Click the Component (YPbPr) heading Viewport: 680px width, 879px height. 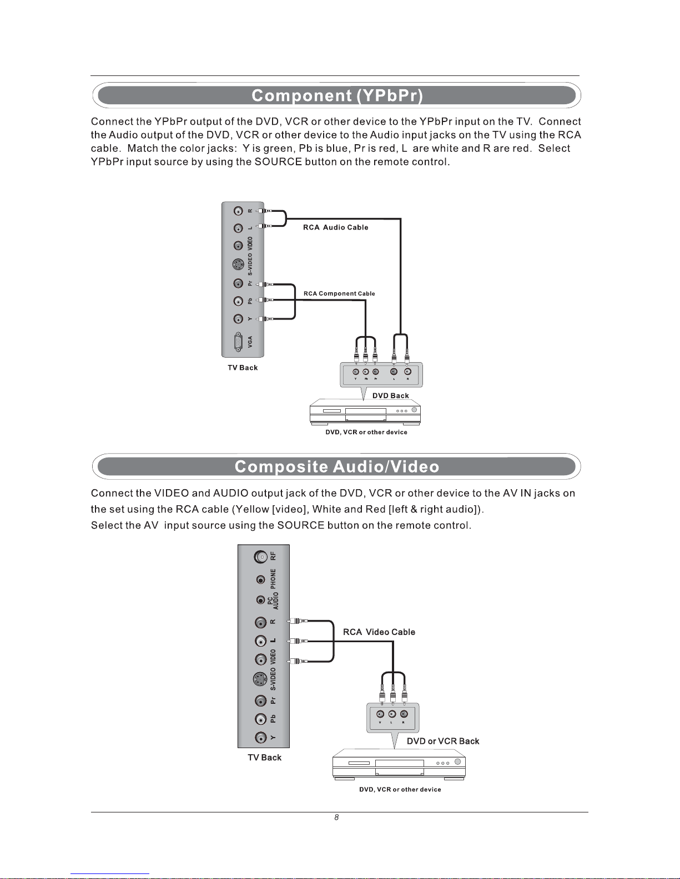point(337,95)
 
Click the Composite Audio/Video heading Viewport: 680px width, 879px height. point(337,466)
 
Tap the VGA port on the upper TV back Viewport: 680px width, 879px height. point(238,342)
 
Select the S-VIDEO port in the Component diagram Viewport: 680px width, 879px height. point(238,265)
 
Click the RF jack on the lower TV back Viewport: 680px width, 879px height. point(261,556)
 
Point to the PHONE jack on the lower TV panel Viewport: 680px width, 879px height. point(261,580)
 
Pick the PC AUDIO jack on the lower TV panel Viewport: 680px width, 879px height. point(261,600)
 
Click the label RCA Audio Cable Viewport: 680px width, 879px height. point(335,227)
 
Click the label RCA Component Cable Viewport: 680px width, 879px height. point(339,293)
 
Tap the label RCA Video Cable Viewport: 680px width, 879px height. point(379,632)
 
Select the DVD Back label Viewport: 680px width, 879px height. point(390,395)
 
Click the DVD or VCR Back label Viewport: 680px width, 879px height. point(443,741)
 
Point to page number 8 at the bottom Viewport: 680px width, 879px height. point(336,817)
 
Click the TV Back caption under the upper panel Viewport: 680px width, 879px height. point(243,368)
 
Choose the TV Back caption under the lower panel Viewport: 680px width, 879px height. point(264,758)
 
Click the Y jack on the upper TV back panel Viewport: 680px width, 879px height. point(238,319)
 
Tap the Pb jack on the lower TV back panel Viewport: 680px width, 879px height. point(261,719)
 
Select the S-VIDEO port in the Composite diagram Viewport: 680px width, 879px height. point(260,679)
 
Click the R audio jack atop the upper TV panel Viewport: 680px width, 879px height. point(238,211)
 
